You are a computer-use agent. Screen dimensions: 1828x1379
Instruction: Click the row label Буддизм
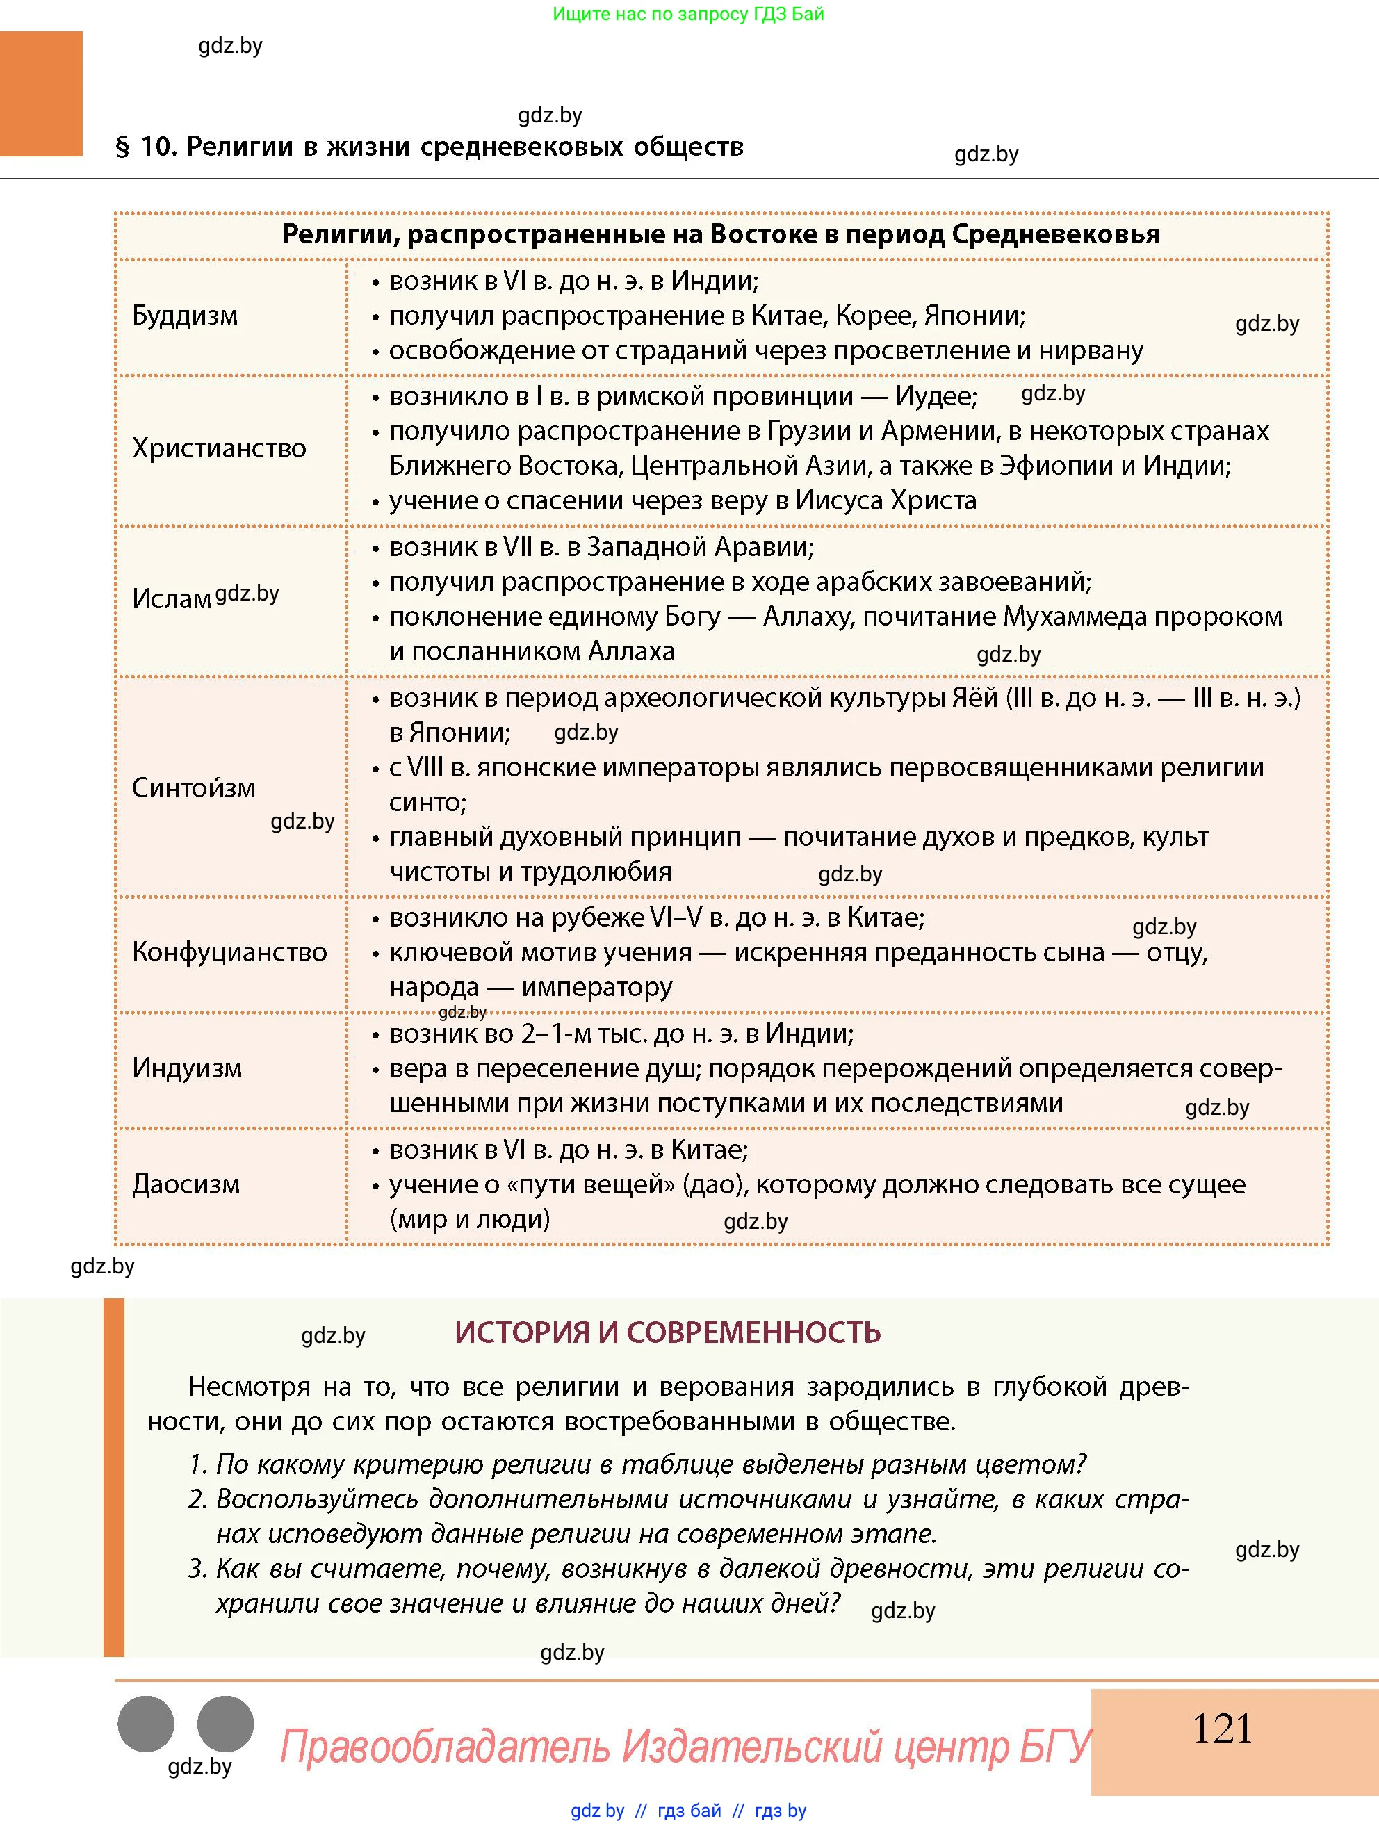(185, 316)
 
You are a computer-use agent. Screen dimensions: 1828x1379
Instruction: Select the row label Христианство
(219, 448)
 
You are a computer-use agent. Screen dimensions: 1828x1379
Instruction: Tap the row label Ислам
(171, 598)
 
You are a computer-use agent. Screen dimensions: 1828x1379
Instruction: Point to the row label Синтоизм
(193, 787)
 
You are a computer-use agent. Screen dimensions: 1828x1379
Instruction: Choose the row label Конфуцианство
(229, 952)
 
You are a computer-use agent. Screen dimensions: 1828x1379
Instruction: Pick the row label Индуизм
(188, 1068)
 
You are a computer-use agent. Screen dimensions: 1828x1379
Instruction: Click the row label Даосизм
(186, 1184)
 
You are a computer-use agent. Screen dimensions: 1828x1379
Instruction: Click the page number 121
(1221, 1729)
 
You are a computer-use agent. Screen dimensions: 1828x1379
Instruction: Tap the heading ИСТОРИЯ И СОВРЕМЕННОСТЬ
(667, 1333)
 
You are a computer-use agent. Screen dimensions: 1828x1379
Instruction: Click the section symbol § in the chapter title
(122, 147)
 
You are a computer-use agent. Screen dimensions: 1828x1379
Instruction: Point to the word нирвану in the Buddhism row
(1091, 350)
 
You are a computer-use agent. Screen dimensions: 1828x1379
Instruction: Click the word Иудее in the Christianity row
(936, 397)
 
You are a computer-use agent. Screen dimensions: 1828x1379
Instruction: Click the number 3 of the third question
(196, 1569)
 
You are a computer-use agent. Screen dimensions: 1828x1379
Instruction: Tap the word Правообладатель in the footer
(445, 1747)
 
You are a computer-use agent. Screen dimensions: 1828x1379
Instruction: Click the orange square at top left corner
(41, 93)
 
